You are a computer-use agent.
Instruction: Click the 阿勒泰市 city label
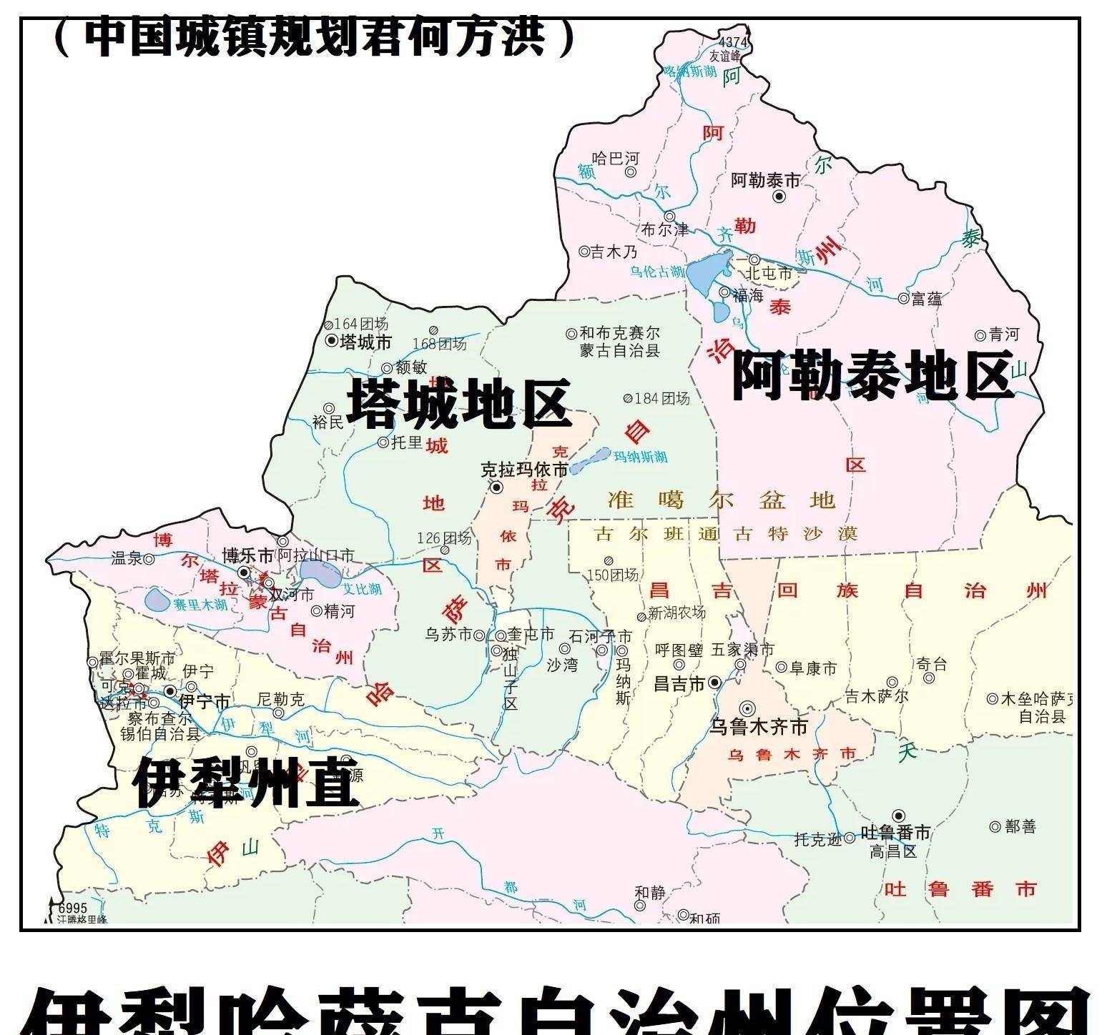tap(764, 180)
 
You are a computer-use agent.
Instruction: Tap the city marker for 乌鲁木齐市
tap(747, 708)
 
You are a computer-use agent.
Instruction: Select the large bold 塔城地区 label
tap(458, 404)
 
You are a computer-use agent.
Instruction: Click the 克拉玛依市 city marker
tap(496, 487)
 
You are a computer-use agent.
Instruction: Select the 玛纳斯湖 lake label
tap(641, 457)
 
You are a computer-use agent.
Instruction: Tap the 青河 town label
tap(1003, 335)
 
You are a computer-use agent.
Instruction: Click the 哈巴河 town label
tap(616, 158)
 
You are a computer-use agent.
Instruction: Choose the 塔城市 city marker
tap(331, 341)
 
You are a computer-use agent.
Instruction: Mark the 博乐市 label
tap(247, 555)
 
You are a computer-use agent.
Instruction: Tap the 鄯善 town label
tap(1020, 826)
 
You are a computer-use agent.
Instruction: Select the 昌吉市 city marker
tap(714, 683)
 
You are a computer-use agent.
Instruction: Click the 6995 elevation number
tap(72, 908)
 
